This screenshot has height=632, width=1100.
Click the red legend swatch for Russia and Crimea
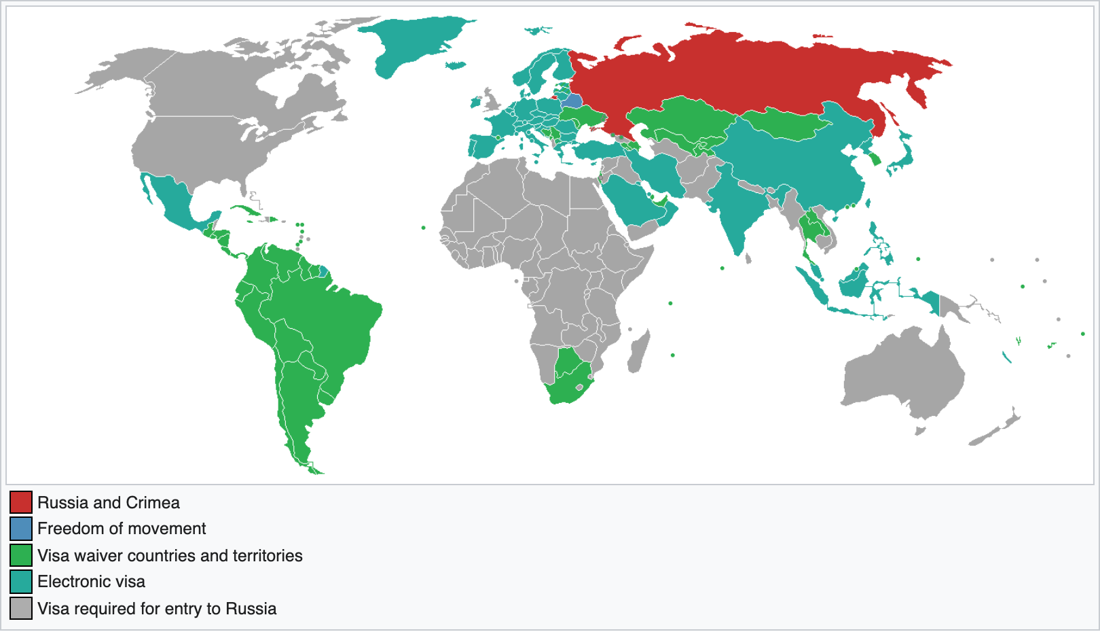21,502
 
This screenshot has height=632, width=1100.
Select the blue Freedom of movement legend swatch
21,529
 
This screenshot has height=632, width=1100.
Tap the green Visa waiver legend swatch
21,555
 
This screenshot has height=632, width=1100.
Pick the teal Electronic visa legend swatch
21,582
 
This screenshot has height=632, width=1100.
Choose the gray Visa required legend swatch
21,608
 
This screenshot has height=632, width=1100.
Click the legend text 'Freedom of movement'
122,529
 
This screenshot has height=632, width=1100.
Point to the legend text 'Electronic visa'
91,582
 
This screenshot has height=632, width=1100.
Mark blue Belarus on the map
572,101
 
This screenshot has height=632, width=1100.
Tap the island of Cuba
249,211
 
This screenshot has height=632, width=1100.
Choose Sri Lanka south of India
748,258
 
